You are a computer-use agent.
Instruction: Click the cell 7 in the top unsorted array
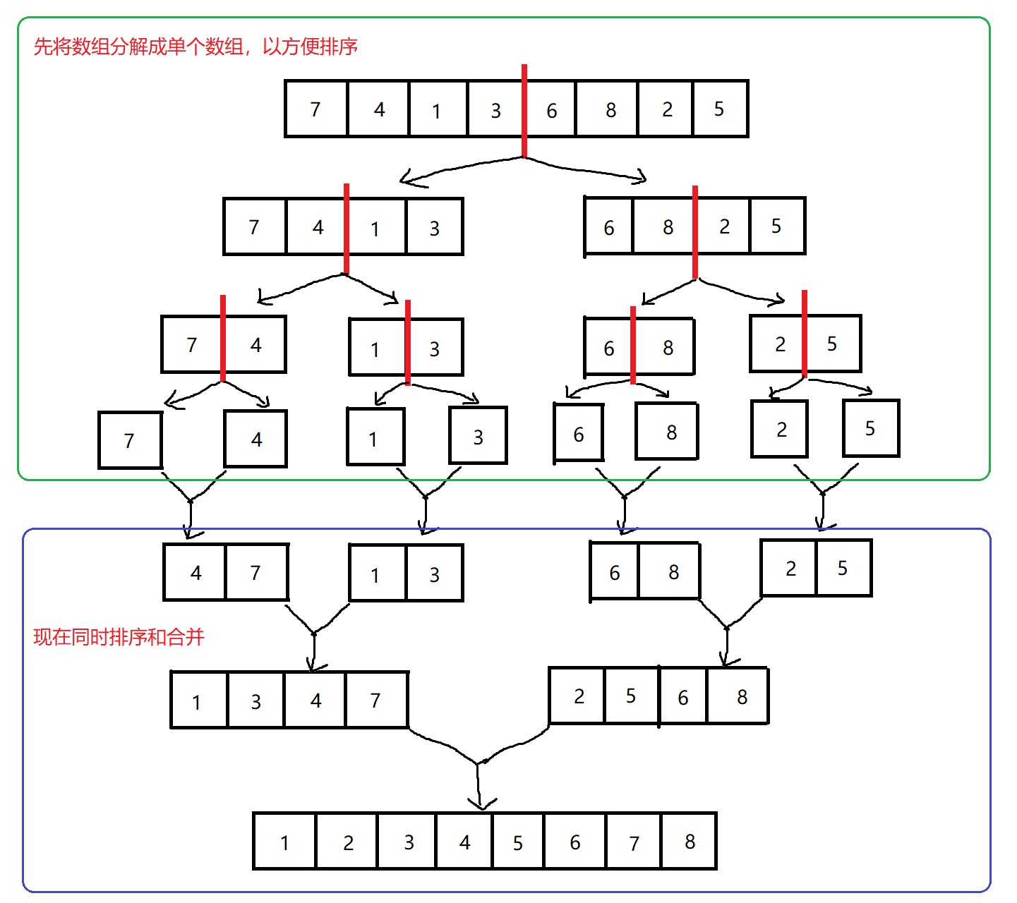coord(315,109)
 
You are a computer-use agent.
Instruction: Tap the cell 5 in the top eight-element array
coord(720,109)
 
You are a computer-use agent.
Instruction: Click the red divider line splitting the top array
coord(524,110)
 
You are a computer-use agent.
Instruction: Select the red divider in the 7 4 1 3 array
coord(347,227)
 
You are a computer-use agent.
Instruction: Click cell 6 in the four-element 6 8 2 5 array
coord(609,227)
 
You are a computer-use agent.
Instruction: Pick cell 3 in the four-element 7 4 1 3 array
coord(435,227)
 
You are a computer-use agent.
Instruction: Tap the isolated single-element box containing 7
coord(130,440)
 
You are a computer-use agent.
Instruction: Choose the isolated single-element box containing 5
coord(871,428)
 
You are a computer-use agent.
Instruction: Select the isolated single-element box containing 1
coord(375,437)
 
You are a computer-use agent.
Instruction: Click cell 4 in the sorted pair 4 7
coord(195,572)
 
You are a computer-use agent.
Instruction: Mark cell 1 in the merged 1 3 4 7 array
coord(198,701)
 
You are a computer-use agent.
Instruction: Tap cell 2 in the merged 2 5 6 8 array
coord(578,696)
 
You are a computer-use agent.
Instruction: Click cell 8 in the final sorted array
coord(690,841)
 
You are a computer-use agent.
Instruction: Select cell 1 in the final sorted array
coord(284,842)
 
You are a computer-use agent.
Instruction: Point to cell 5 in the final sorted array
coord(518,842)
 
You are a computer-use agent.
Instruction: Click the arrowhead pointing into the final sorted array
coord(481,804)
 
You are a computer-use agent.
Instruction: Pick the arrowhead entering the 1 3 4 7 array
coord(313,665)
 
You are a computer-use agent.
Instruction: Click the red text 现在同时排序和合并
coord(119,637)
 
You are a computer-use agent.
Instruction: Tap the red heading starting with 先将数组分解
coord(195,47)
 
